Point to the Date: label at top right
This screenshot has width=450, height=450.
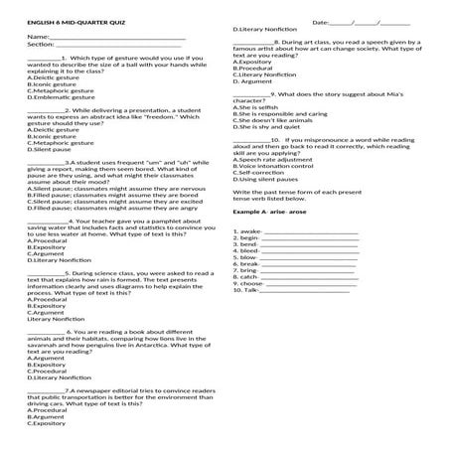(x=321, y=21)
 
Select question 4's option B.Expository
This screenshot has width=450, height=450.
(x=47, y=247)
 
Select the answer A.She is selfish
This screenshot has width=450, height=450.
(x=254, y=107)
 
